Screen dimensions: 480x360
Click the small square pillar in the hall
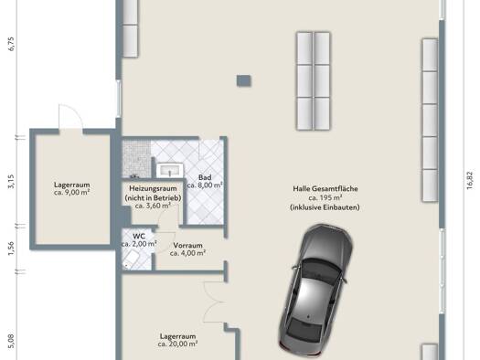click(x=244, y=80)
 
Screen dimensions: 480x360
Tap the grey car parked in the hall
click(x=316, y=291)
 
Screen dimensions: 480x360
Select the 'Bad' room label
click(x=205, y=177)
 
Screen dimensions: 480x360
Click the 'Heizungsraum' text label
click(x=153, y=188)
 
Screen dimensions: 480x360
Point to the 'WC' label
click(x=139, y=236)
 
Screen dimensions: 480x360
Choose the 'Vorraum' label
click(x=187, y=245)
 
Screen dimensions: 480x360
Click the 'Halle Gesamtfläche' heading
click(x=325, y=188)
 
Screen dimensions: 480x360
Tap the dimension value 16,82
click(x=470, y=180)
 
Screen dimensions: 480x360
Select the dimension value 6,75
click(x=11, y=44)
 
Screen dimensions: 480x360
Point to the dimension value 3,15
click(x=11, y=182)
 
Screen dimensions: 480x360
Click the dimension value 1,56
click(x=11, y=249)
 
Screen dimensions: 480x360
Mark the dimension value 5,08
click(x=11, y=341)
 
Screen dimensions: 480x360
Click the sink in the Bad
click(x=170, y=170)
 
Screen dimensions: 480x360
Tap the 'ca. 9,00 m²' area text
click(x=71, y=193)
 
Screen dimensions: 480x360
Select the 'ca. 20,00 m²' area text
click(x=177, y=344)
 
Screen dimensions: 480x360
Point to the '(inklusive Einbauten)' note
click(x=325, y=207)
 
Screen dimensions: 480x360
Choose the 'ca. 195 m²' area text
click(x=325, y=197)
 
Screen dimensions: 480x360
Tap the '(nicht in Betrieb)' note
click(x=153, y=198)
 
